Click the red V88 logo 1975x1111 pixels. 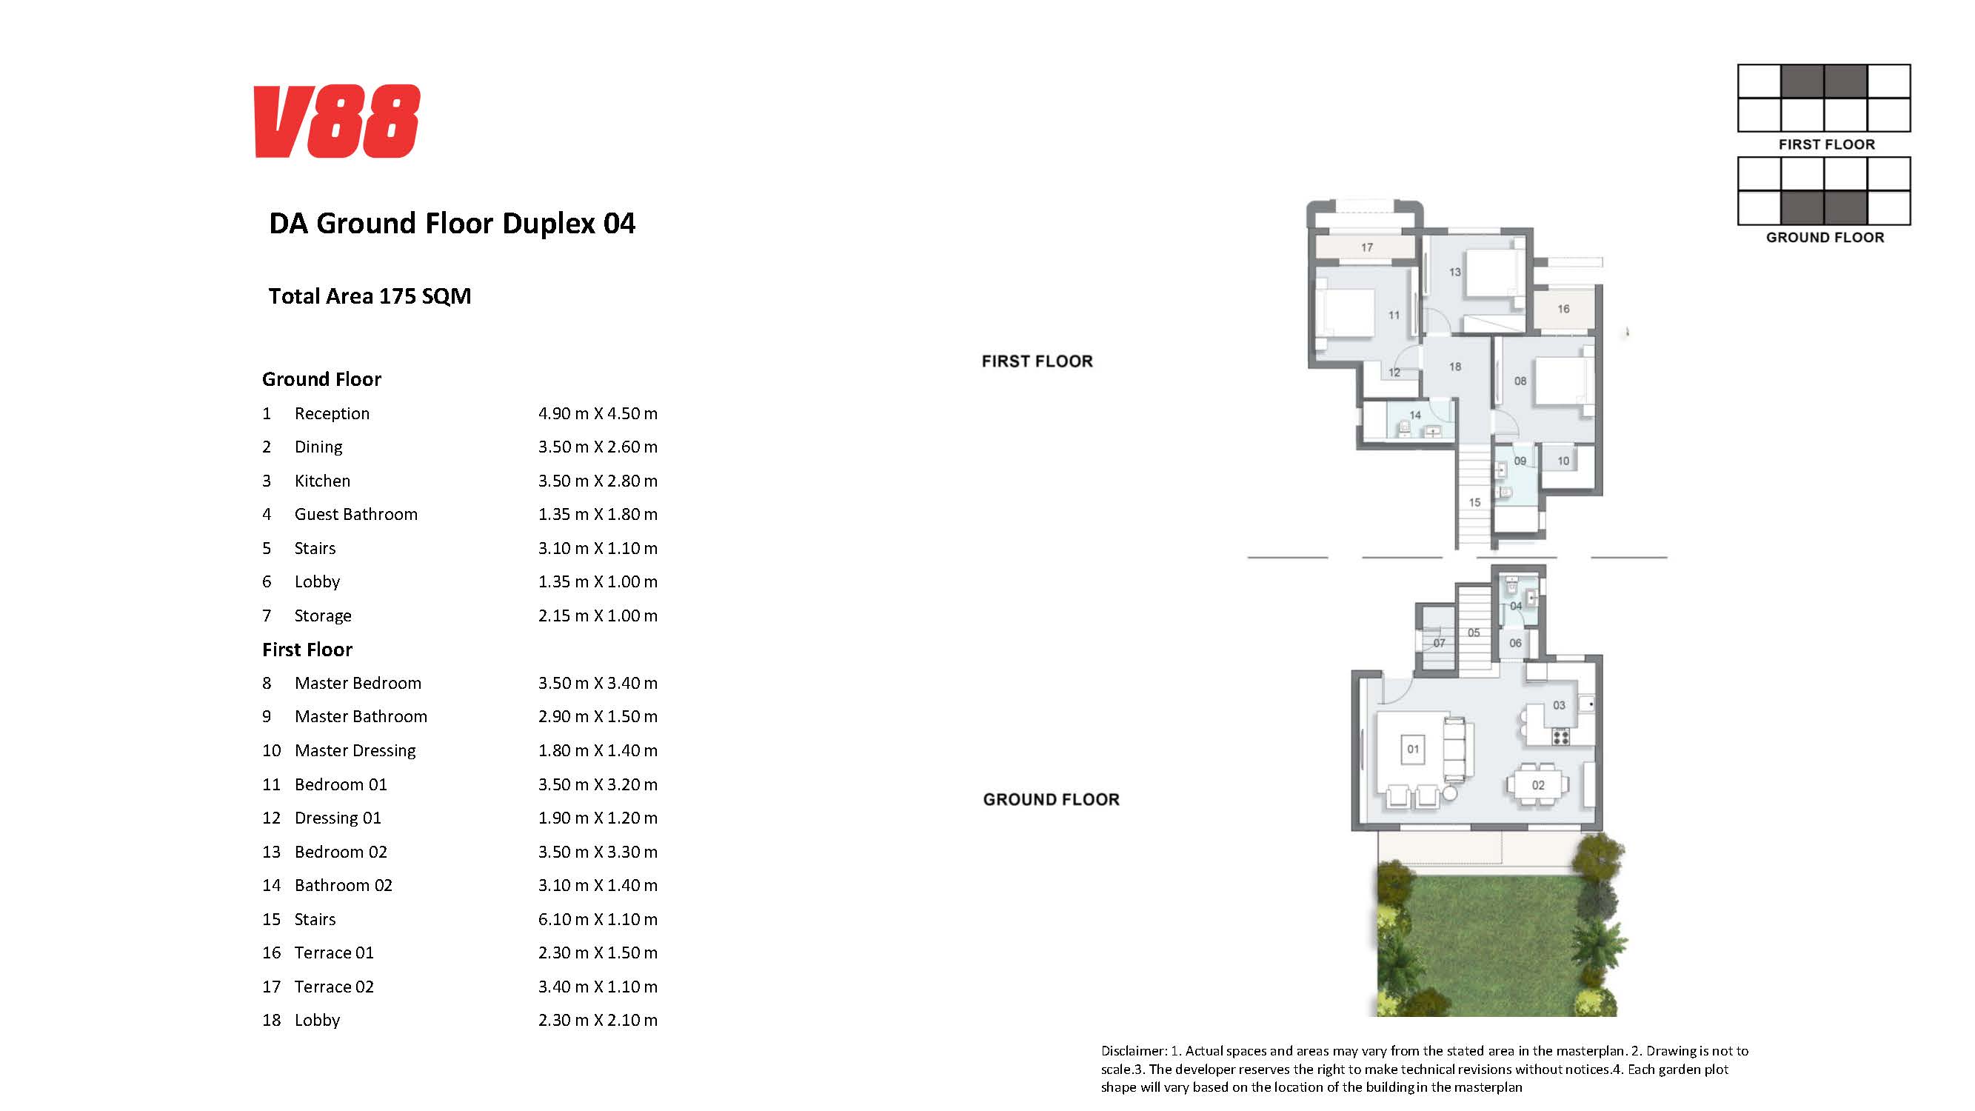pos(337,121)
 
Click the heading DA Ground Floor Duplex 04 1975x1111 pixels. pos(452,224)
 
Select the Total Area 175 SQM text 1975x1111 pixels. pos(370,296)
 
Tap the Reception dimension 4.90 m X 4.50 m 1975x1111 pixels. pos(598,413)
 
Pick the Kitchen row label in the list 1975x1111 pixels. pos(322,481)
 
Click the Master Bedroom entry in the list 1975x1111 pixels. pos(358,683)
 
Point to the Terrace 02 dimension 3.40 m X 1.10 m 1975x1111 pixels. pos(598,987)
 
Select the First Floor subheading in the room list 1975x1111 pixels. pos(307,650)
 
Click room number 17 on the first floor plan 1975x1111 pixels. pos(1367,247)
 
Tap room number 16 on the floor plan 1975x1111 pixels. pos(1563,309)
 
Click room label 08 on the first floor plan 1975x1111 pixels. pos(1520,381)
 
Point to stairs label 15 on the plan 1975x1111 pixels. pos(1474,502)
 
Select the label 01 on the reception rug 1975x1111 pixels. pos(1413,749)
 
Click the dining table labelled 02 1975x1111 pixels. pos(1538,784)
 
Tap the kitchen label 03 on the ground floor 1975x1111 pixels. pos(1559,704)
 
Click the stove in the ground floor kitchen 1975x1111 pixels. pos(1561,737)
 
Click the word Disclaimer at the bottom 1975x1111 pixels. pos(1134,1051)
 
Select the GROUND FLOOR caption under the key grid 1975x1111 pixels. pos(1825,238)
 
